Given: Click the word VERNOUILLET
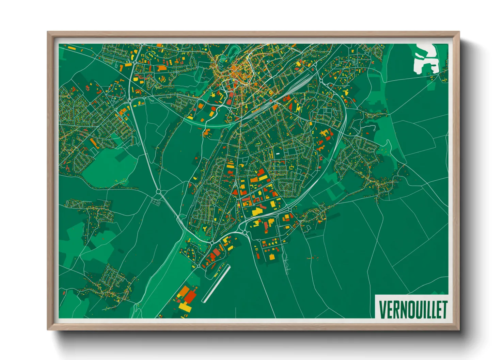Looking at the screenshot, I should click(x=413, y=309).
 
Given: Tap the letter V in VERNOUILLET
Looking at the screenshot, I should click(x=382, y=309).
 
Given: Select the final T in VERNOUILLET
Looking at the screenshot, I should click(x=444, y=309).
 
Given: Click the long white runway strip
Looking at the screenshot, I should click(x=216, y=284).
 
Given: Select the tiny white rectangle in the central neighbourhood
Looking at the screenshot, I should click(x=278, y=153).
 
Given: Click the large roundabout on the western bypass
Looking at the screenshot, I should click(x=158, y=192).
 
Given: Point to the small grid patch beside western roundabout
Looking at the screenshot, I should click(x=156, y=202).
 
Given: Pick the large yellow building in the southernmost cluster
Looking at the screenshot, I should click(x=186, y=308).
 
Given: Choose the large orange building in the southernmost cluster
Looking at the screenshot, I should click(x=184, y=290).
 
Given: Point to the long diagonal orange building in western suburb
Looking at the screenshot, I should click(x=96, y=143).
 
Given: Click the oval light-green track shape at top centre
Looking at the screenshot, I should click(x=233, y=52).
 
